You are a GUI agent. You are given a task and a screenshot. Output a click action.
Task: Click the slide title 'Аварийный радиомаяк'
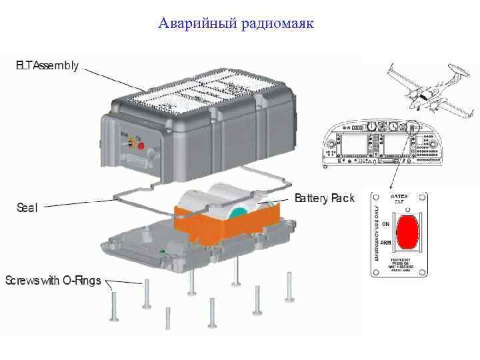pos(236,25)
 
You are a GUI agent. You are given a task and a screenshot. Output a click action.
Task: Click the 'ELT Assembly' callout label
pos(47,66)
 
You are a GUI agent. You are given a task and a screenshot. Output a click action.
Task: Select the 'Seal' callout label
pos(27,207)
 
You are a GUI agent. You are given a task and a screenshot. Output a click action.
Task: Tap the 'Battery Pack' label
pos(325,199)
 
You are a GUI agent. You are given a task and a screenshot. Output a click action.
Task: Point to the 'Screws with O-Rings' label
pos(53,280)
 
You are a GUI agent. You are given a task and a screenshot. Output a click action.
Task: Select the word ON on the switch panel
pos(386,223)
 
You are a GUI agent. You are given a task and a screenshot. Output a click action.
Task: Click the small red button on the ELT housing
pos(141,145)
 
